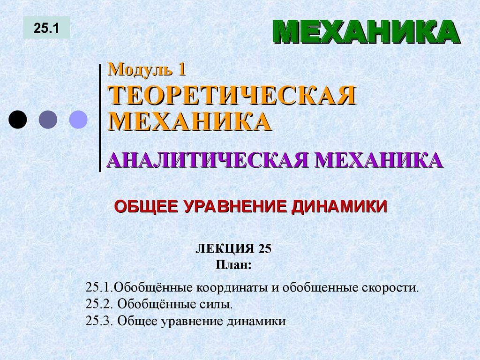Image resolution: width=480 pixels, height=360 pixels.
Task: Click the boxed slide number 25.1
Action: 46,28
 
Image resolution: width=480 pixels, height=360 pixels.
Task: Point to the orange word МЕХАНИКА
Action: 190,121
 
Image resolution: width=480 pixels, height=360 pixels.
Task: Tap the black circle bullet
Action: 18,120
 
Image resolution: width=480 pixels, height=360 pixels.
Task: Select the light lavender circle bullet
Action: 78,120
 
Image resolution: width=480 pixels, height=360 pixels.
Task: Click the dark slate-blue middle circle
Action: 48,120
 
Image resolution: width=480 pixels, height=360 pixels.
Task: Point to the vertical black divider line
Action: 100,117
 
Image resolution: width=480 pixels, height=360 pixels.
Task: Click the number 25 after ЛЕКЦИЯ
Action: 264,249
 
